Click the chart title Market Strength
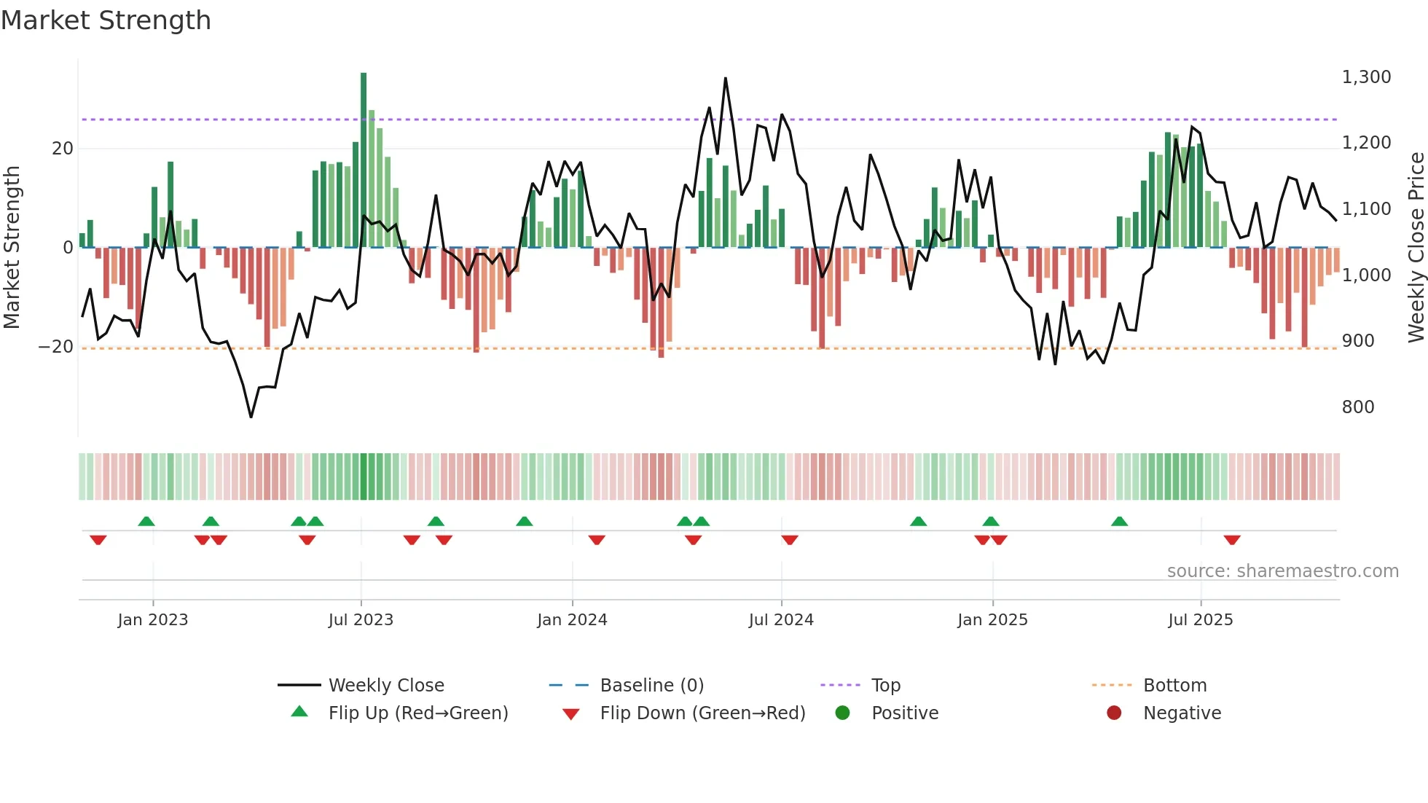106,20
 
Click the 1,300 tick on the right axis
1366,77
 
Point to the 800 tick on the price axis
1357,407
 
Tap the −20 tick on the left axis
56,347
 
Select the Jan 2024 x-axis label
572,620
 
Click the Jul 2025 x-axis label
1200,620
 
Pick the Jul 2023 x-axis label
361,620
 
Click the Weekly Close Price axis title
1416,248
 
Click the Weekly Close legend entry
385,686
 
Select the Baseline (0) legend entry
651,686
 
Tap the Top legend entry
885,686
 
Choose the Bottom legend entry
1174,686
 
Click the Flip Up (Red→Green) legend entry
417,713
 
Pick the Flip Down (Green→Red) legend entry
702,713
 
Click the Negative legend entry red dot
1114,713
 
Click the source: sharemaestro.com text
1282,571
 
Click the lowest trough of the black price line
251,417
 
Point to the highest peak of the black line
726,79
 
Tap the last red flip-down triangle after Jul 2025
1232,540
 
